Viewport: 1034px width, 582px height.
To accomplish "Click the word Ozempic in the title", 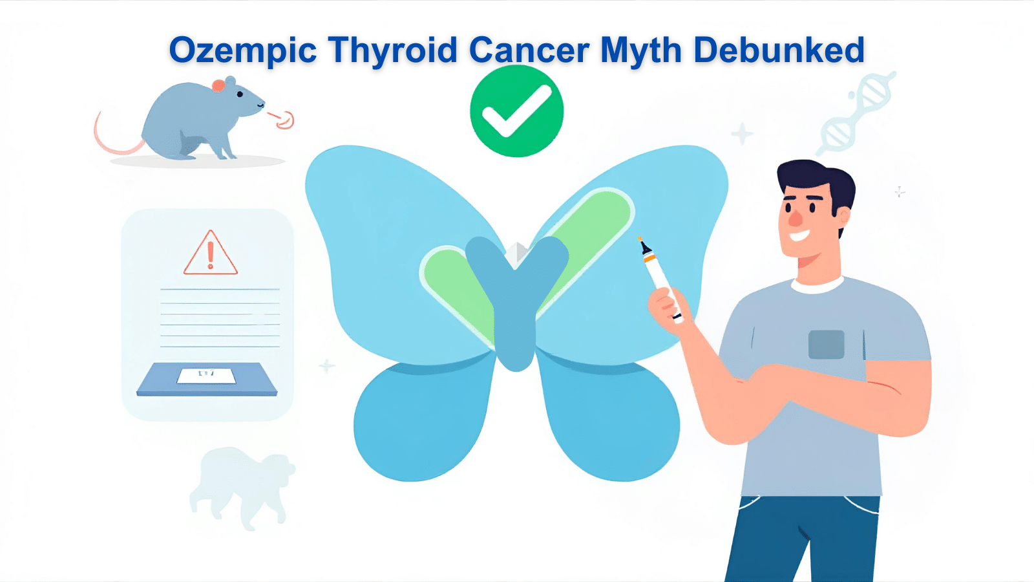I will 242,50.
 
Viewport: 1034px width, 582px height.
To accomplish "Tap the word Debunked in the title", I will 779,50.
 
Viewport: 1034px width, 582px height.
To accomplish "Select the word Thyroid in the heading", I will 392,50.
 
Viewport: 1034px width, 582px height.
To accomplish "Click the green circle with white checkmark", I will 516,111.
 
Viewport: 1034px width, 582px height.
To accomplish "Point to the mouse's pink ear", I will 219,85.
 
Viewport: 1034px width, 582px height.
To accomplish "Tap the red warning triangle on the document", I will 210,253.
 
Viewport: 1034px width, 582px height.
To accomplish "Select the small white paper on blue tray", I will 206,375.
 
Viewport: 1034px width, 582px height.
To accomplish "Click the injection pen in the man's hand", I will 659,278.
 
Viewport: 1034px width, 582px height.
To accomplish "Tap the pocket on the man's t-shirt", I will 826,344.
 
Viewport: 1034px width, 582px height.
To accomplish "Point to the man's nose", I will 796,217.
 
